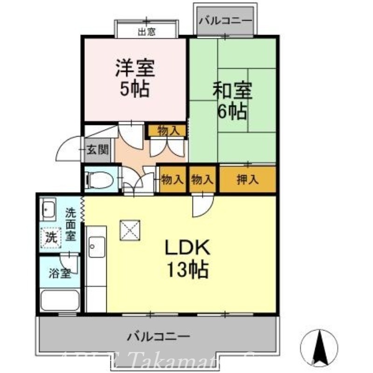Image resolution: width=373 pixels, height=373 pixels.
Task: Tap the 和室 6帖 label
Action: pyautogui.click(x=232, y=100)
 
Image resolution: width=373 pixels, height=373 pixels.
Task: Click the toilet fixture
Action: pyautogui.click(x=101, y=180)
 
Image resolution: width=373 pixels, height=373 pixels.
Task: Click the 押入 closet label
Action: pyautogui.click(x=247, y=180)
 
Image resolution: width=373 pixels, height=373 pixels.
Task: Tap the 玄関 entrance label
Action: pyautogui.click(x=98, y=150)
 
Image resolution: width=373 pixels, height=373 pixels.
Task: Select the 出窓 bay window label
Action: pyautogui.click(x=146, y=32)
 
